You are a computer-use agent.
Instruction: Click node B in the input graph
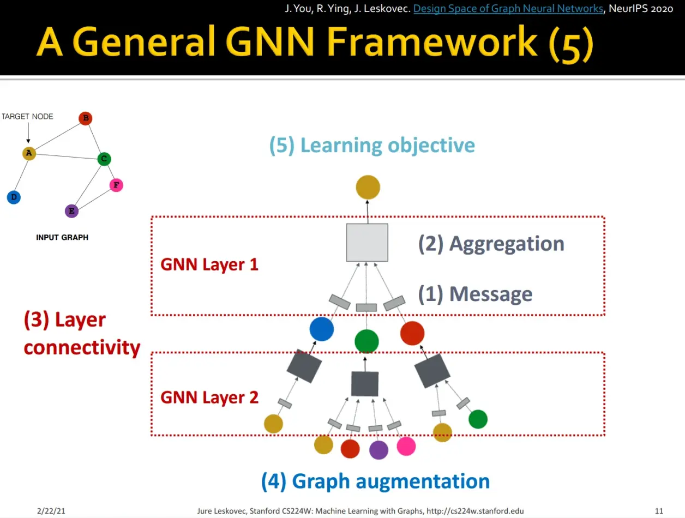(86, 118)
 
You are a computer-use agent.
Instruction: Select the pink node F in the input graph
(116, 185)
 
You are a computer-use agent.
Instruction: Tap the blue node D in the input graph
(14, 197)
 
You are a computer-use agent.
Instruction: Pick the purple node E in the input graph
(71, 211)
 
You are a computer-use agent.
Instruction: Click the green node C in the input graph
(104, 159)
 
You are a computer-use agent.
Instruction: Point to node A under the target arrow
(29, 153)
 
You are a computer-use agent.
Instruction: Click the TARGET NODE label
(27, 116)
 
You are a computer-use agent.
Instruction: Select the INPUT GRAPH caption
(62, 237)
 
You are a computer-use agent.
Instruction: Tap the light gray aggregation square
(367, 242)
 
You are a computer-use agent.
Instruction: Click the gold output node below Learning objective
(368, 187)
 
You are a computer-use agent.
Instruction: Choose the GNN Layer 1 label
(209, 264)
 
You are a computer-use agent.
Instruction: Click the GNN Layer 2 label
(209, 397)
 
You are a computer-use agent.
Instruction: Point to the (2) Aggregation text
(491, 244)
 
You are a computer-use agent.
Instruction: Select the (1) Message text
(475, 294)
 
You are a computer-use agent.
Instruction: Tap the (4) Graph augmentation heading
(375, 481)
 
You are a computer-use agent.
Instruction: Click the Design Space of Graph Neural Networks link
(508, 8)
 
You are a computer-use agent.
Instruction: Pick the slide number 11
(659, 511)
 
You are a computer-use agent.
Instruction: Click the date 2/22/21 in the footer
(51, 511)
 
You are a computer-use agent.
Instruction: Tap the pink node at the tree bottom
(406, 446)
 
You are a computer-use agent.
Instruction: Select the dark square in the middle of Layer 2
(365, 383)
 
